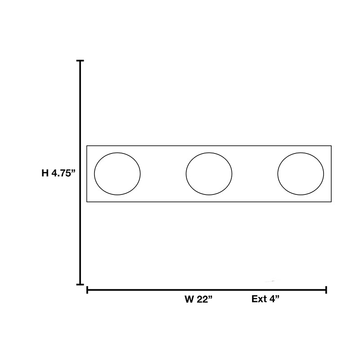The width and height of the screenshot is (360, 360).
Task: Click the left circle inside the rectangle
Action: click(x=94, y=174)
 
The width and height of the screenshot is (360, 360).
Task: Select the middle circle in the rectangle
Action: click(x=186, y=174)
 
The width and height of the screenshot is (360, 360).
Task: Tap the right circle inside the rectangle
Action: click(x=278, y=174)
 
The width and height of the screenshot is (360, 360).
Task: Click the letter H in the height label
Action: click(x=45, y=173)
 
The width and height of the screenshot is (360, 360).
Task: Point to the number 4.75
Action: click(x=61, y=173)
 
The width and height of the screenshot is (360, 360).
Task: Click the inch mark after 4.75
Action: click(x=73, y=171)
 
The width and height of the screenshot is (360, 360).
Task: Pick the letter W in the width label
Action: click(x=189, y=299)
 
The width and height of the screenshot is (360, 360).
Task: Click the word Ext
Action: click(x=259, y=299)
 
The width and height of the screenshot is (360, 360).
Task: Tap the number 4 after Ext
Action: click(x=272, y=299)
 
